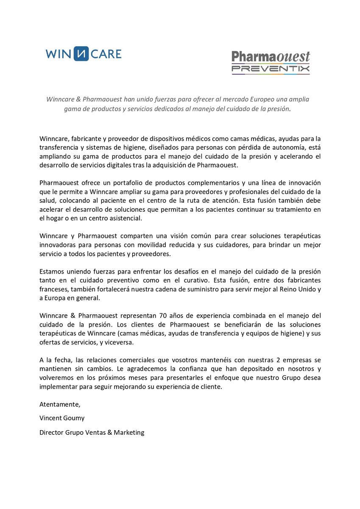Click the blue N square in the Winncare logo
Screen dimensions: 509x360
[x=81, y=54]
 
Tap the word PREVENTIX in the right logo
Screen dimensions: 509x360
[x=271, y=68]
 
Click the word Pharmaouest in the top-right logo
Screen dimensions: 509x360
[x=271, y=57]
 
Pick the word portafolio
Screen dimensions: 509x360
[x=117, y=183]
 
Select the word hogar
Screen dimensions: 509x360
[x=56, y=218]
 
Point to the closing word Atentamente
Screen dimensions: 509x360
[x=59, y=404]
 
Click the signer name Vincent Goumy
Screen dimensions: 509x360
[x=61, y=418]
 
